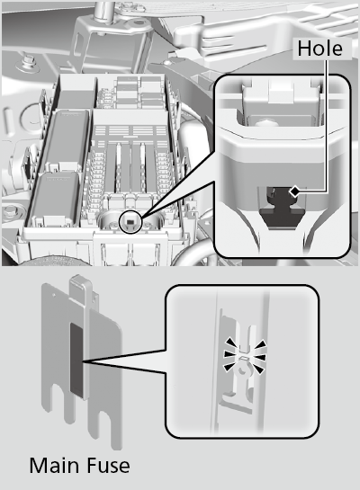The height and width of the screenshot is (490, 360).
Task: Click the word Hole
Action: click(x=319, y=49)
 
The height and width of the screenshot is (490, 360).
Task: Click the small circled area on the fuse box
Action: click(x=131, y=220)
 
